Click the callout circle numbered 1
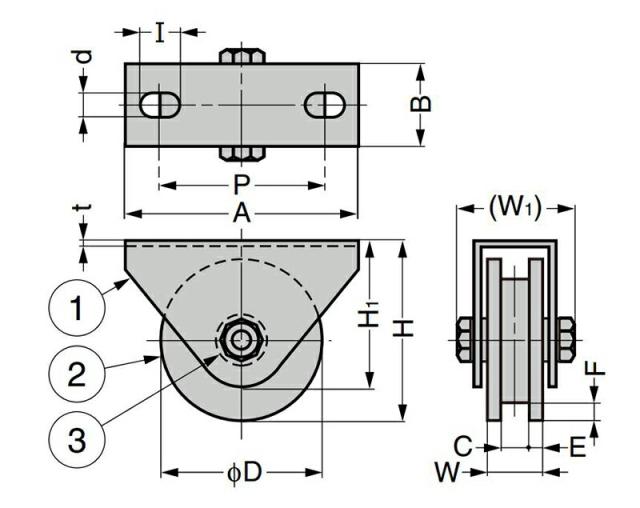tap(77, 307)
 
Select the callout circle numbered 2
tap(77, 374)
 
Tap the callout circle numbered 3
tap(77, 440)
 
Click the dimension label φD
tap(244, 473)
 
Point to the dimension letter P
tap(241, 185)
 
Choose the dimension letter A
tap(241, 213)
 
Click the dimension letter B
tap(420, 104)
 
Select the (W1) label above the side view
tap(515, 208)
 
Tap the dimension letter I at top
tap(160, 33)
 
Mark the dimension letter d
tap(84, 57)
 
